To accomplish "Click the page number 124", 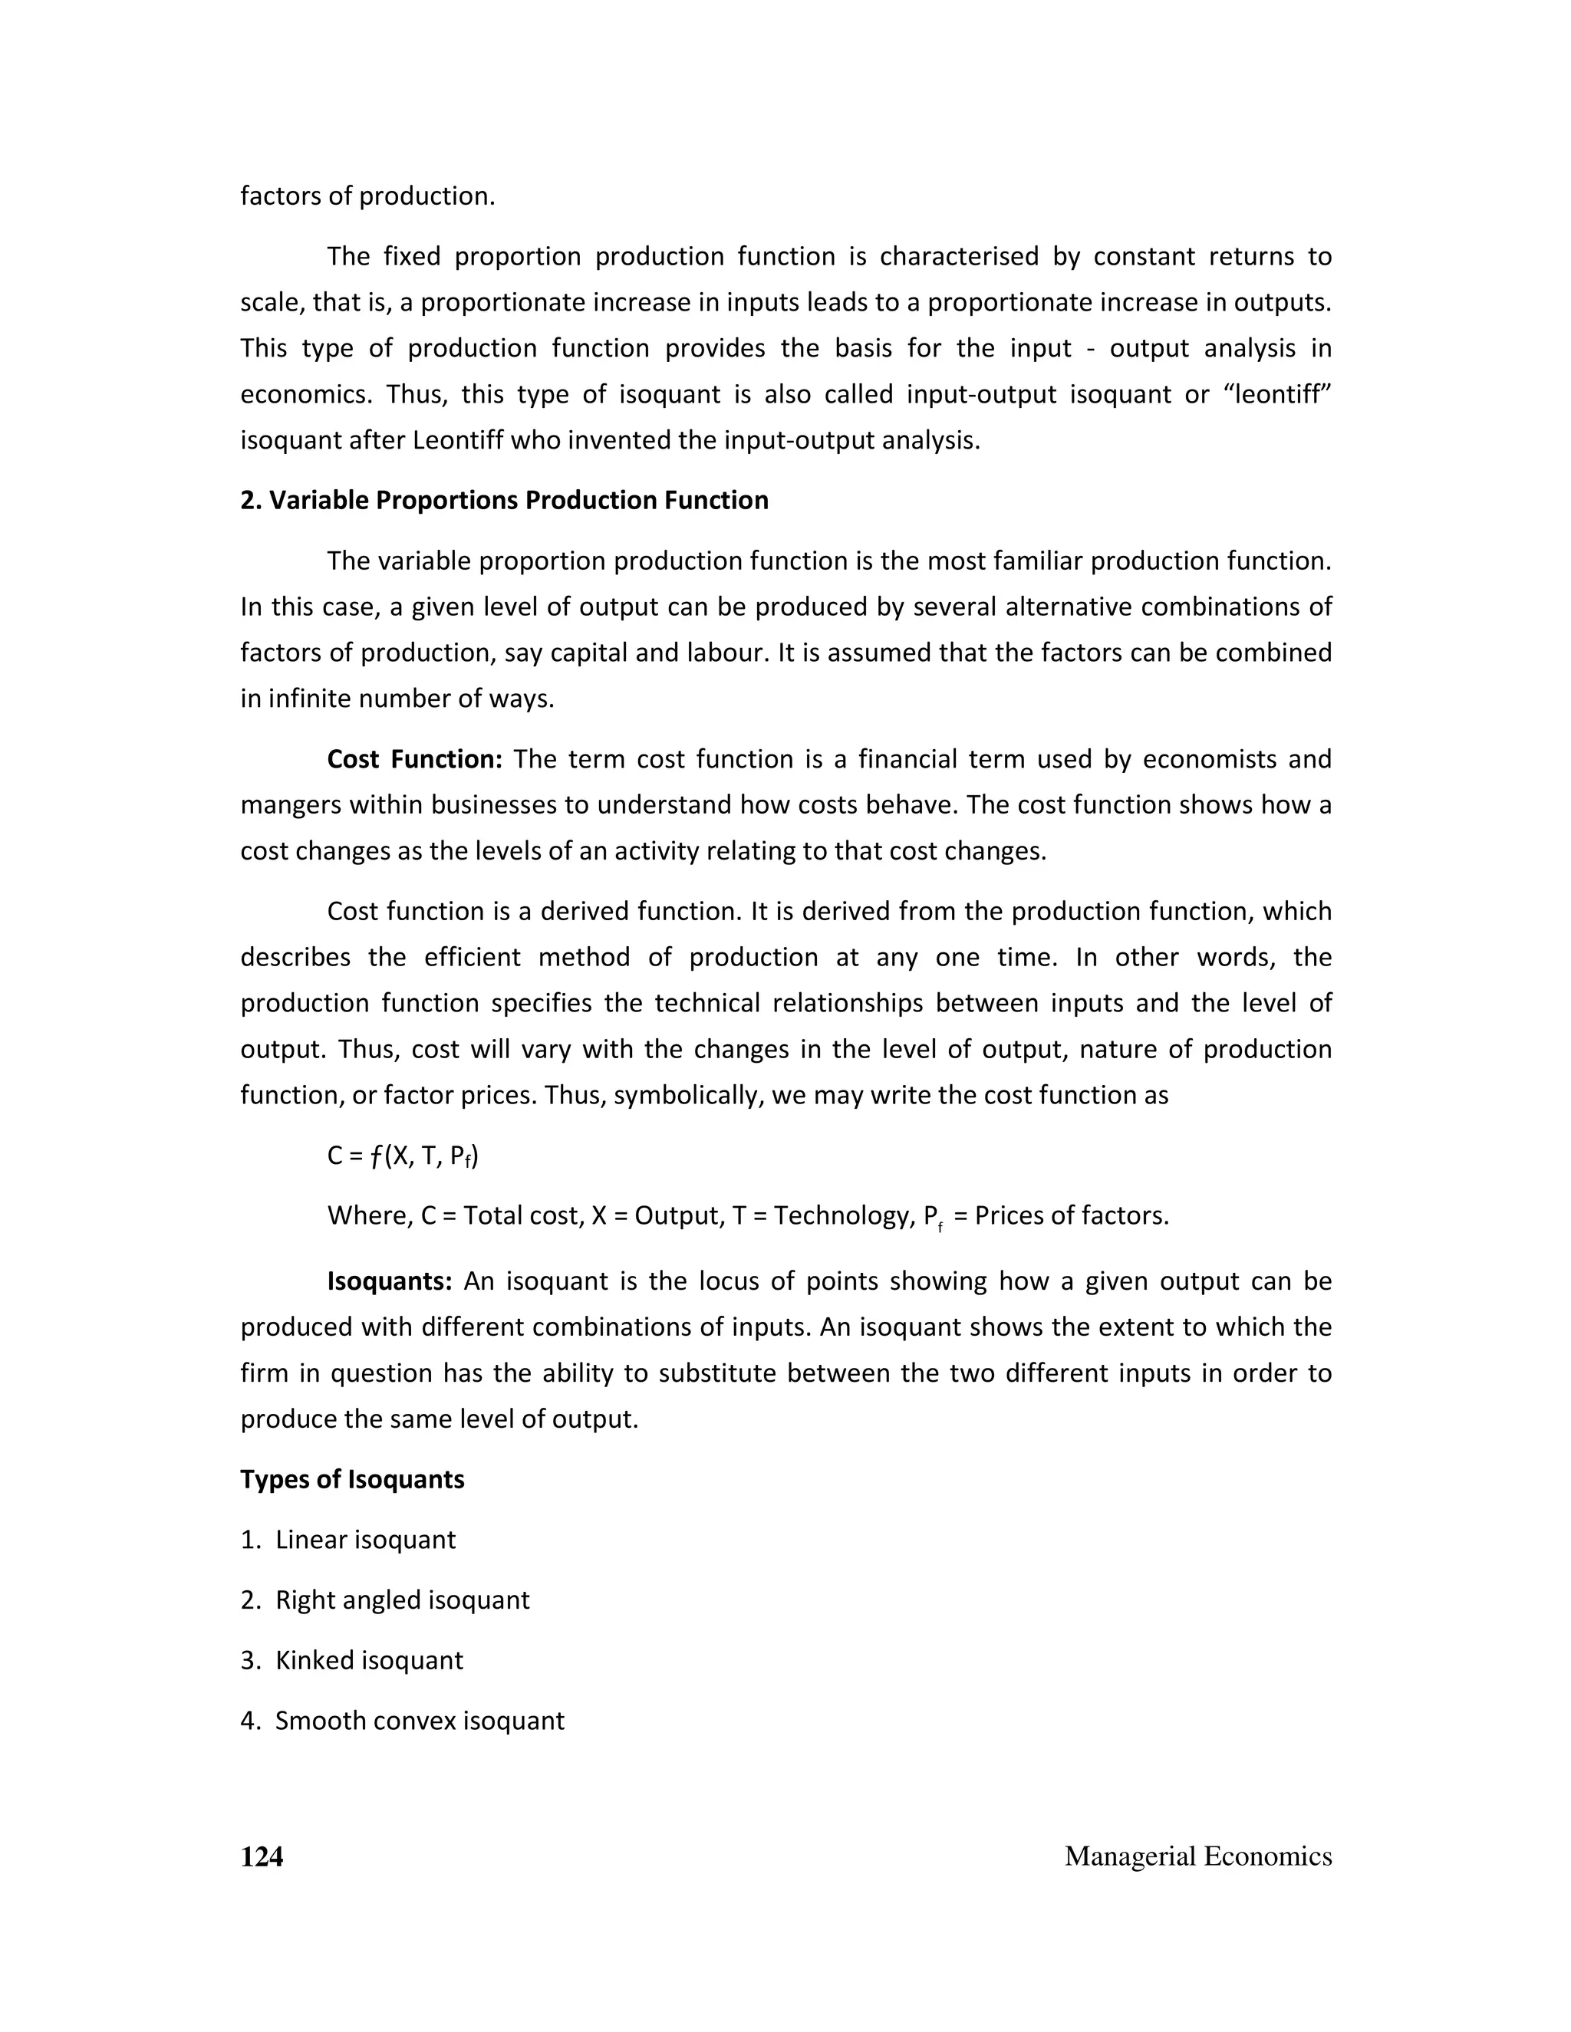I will click(x=262, y=1856).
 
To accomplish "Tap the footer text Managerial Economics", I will click(x=1197, y=1856).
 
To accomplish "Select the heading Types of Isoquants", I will click(x=352, y=1479).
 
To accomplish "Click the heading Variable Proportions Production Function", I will click(x=505, y=501).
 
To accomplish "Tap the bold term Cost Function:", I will click(x=414, y=759).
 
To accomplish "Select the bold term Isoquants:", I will click(x=389, y=1281).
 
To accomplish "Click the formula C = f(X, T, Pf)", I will click(x=403, y=1156).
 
